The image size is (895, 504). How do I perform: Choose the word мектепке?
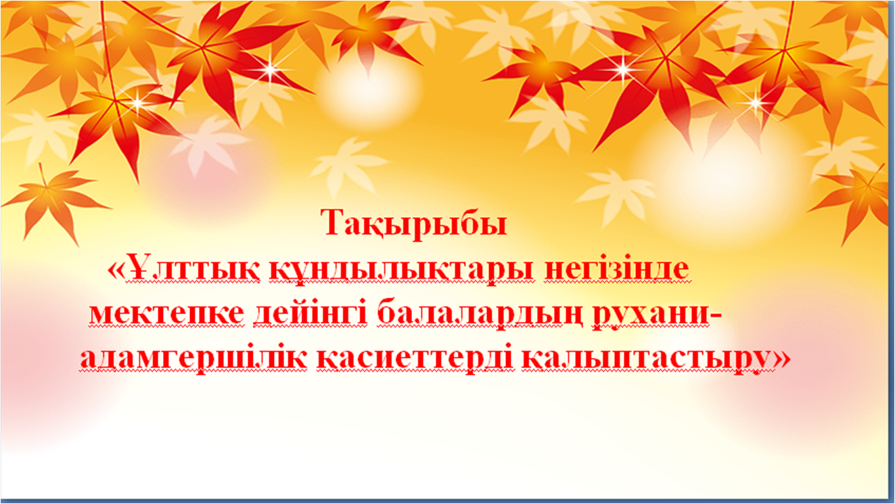pos(166,314)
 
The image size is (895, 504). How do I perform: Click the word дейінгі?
pos(310,315)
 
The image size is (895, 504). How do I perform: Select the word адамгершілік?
pos(193,359)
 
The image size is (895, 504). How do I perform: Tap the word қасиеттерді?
pos(415,359)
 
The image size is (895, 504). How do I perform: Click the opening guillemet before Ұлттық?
pos(116,270)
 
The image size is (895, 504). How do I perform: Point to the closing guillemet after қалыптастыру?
pos(781,359)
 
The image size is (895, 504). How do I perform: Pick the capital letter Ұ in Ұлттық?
pos(138,268)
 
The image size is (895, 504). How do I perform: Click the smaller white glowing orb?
pos(368,93)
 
